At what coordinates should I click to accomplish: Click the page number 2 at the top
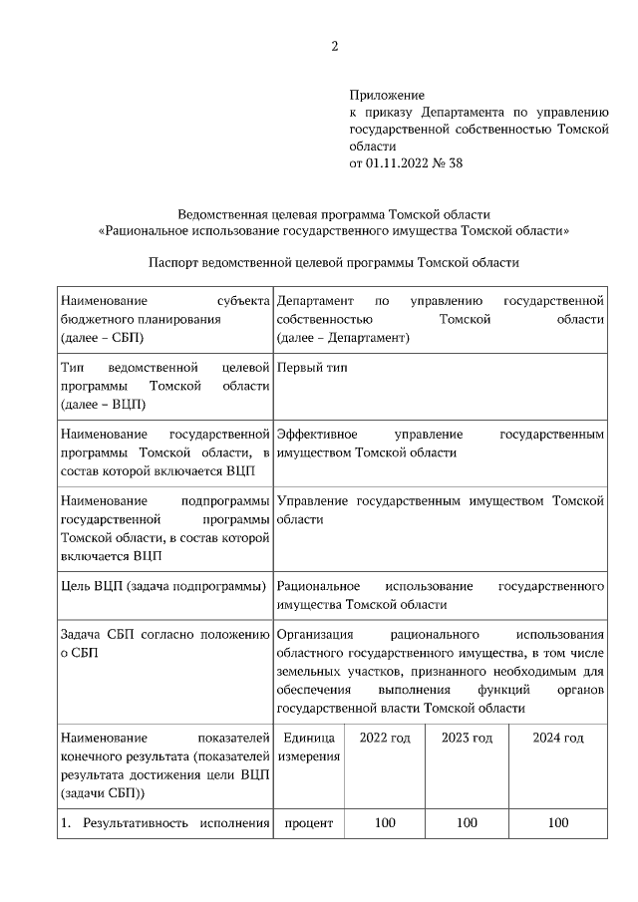click(x=335, y=45)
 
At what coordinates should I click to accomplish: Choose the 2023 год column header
click(x=467, y=738)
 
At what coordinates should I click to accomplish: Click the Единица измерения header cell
click(x=308, y=748)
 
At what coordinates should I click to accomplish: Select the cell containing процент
click(x=308, y=823)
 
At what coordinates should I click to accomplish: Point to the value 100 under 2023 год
click(x=467, y=823)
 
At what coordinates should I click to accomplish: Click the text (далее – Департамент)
click(x=343, y=338)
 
